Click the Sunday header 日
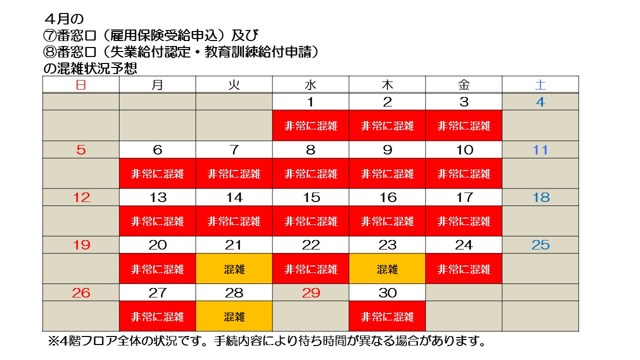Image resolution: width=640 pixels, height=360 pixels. point(80,85)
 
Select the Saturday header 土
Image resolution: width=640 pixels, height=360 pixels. point(540,85)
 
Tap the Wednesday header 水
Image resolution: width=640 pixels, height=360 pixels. point(310,85)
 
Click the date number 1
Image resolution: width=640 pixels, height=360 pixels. point(310,102)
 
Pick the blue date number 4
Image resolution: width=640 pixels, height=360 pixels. point(540,102)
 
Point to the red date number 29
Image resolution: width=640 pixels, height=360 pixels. point(310,292)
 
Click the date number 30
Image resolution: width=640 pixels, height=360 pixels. point(387,292)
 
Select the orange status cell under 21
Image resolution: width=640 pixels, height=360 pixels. point(234,269)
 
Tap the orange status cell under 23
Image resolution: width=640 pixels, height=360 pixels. point(387,269)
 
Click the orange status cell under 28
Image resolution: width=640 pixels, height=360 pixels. point(234,316)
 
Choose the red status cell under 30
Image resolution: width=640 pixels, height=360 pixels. point(387,316)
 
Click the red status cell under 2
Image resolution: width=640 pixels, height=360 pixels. point(387,126)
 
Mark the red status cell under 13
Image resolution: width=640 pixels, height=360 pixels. point(157,221)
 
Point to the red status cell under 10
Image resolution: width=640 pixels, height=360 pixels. point(464,173)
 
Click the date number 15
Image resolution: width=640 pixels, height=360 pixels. point(310,197)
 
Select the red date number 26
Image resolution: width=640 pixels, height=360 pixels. point(81,292)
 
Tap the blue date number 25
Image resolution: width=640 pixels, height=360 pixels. point(540,245)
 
